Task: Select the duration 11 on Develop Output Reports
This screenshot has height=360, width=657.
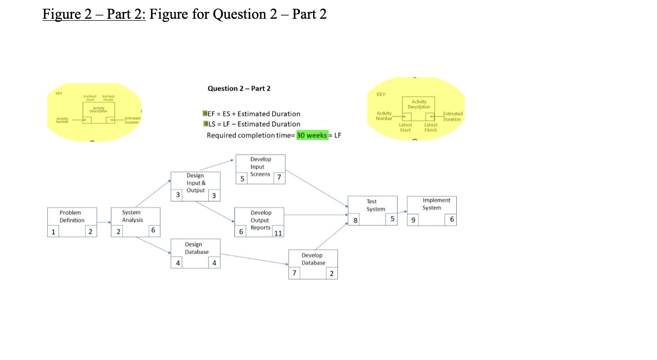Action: pos(278,233)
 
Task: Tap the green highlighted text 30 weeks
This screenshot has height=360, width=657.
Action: pos(312,136)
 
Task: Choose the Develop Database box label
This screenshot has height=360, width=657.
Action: pos(313,259)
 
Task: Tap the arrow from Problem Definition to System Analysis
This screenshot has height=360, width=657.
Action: pos(104,223)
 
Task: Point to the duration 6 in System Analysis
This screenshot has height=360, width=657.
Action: pos(153,230)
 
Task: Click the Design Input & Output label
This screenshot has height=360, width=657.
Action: pos(195,182)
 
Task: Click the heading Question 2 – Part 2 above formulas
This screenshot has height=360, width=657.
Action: pos(239,88)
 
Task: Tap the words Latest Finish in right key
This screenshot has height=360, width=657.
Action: pos(431,127)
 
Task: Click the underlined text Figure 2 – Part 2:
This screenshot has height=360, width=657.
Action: pos(94,14)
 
